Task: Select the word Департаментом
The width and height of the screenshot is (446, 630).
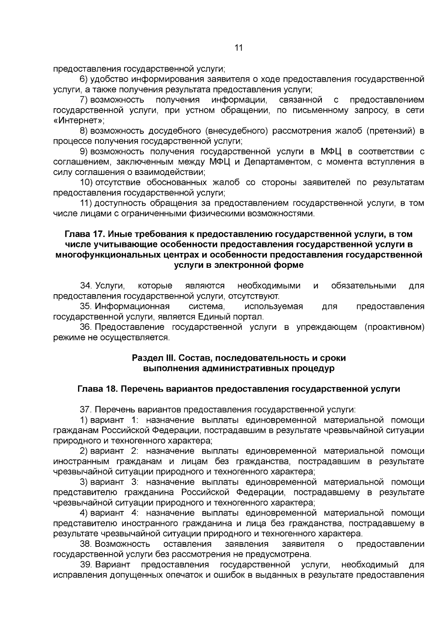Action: pyautogui.click(x=277, y=162)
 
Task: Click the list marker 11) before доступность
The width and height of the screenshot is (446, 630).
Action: pyautogui.click(x=85, y=203)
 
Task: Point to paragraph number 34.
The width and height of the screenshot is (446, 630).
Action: pyautogui.click(x=86, y=286)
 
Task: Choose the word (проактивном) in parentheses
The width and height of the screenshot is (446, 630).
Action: pyautogui.click(x=394, y=327)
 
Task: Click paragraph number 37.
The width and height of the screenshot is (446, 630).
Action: pyautogui.click(x=86, y=410)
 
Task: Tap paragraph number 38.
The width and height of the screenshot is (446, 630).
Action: pyautogui.click(x=86, y=544)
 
